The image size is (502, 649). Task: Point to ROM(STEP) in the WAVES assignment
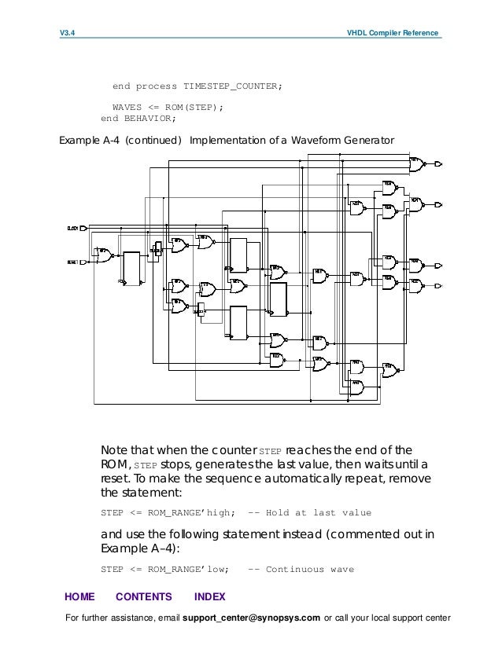tap(194, 108)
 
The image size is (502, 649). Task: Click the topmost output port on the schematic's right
tap(439, 164)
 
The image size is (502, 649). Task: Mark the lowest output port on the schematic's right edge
tap(439, 284)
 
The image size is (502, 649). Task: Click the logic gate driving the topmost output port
tap(416, 164)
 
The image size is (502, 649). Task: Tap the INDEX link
tap(209, 596)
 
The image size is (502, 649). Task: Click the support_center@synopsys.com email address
tap(251, 618)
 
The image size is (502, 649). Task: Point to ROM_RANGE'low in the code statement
tap(187, 569)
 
